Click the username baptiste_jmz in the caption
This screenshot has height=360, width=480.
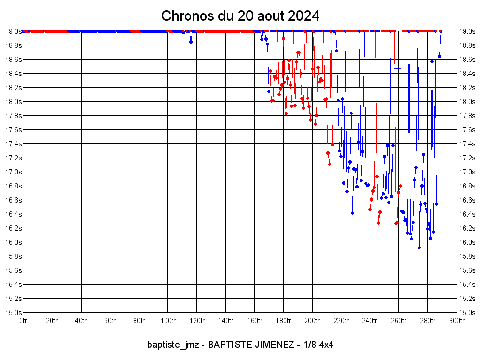[173, 345]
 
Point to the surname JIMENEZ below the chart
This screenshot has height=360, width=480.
[273, 345]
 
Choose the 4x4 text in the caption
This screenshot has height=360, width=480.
[325, 345]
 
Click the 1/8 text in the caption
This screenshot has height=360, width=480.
[309, 345]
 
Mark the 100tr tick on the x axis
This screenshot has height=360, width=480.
[168, 321]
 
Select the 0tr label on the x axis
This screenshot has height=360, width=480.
[23, 321]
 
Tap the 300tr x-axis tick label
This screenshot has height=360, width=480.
[457, 321]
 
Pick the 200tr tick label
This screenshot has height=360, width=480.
[312, 321]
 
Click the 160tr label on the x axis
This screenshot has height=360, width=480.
[255, 321]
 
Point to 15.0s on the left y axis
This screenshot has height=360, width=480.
[13, 312]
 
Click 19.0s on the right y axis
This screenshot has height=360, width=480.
[467, 31]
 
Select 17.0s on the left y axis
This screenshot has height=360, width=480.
[13, 172]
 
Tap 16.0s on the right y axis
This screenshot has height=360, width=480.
[467, 242]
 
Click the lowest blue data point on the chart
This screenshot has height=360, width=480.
[419, 247]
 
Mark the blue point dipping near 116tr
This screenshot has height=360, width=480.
[191, 42]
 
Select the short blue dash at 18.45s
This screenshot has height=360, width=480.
[397, 69]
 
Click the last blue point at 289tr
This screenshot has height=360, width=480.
[441, 31]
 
